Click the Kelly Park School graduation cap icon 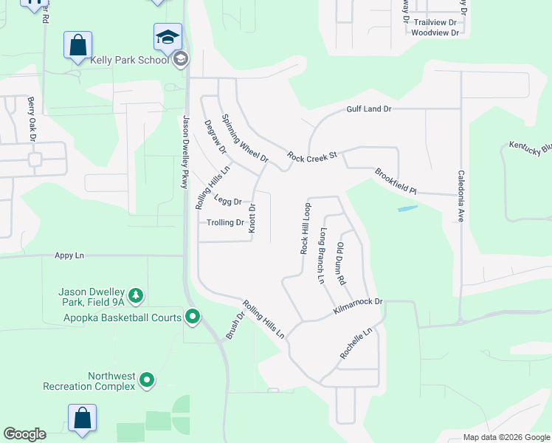tap(168, 36)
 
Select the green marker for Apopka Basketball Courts tap(193, 317)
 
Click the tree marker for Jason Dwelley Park tap(135, 296)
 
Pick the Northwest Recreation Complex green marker tap(147, 381)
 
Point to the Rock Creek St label tap(312, 157)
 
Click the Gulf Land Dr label tap(368, 109)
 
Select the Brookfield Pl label tap(396, 181)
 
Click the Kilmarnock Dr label tap(359, 302)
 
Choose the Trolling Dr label tap(225, 222)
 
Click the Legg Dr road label tap(228, 200)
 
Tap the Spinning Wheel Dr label tap(244, 138)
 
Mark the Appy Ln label tap(69, 255)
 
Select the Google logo tap(24, 434)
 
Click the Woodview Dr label tap(435, 33)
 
